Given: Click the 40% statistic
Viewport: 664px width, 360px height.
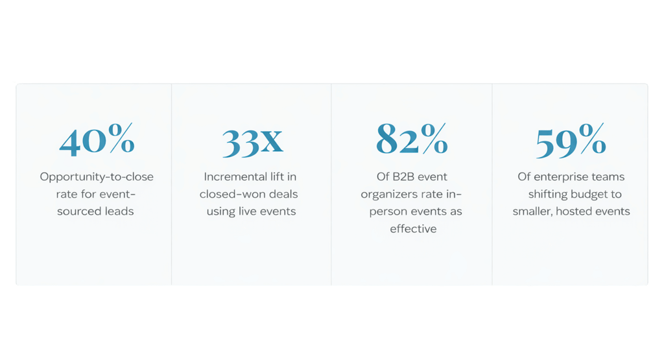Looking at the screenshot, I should (x=97, y=140).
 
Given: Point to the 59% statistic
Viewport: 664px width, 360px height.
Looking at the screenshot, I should (x=571, y=141).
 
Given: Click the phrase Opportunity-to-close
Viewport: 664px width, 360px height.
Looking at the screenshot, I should (x=97, y=176).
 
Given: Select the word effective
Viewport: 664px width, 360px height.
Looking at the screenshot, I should (x=413, y=228).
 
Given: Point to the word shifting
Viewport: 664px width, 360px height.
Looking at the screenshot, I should (x=547, y=194).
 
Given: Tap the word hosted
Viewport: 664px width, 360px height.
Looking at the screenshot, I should (x=582, y=211).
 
